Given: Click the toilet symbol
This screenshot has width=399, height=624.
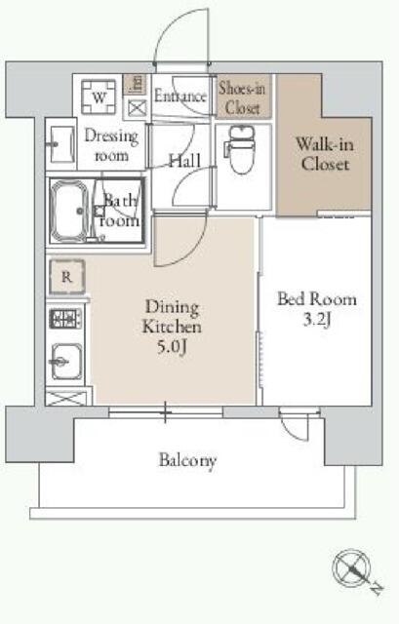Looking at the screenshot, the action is click(240, 149).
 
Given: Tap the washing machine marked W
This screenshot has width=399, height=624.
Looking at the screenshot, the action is click(99, 97).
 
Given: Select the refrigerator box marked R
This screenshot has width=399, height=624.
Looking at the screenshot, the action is click(67, 277).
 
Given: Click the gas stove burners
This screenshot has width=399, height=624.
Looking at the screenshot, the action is click(65, 319).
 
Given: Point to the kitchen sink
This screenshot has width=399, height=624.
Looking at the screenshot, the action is click(66, 362).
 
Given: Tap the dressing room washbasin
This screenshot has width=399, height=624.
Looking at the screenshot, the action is click(60, 144).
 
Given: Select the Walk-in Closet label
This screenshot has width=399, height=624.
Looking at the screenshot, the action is click(325, 154).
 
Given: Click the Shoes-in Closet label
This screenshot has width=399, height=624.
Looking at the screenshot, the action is click(242, 97).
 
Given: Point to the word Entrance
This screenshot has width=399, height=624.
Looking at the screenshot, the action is click(180, 96).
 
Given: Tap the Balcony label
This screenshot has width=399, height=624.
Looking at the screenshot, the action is click(187, 460).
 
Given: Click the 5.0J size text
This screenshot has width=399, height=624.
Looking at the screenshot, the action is click(173, 347).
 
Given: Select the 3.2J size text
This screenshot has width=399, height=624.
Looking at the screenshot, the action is click(317, 319).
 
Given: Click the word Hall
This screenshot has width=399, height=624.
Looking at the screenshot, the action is click(184, 161).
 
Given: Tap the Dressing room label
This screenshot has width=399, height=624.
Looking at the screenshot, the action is click(111, 145).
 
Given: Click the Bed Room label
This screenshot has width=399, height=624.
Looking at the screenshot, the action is click(317, 299).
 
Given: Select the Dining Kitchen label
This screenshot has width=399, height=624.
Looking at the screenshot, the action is click(172, 317).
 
